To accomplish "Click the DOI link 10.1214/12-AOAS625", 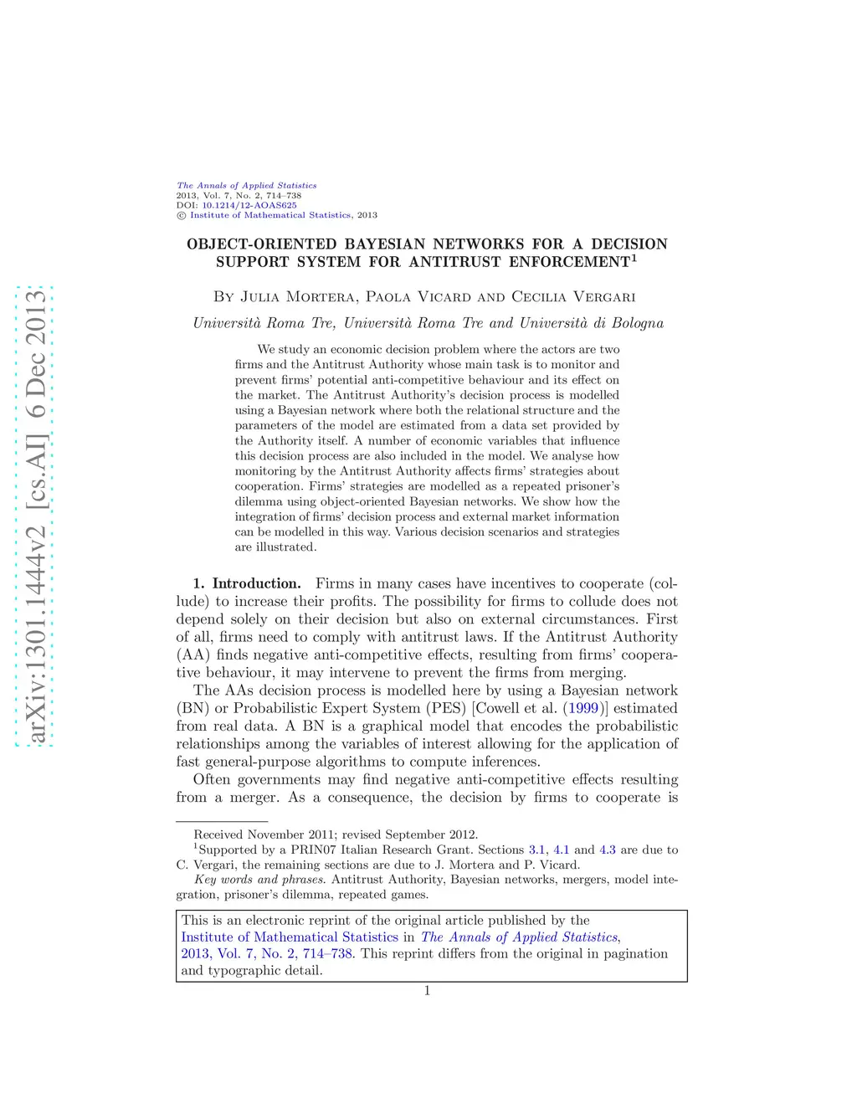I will click(x=249, y=205).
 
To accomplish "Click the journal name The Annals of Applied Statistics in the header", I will click(x=246, y=186).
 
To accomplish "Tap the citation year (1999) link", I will click(x=582, y=708).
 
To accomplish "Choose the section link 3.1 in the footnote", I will click(x=536, y=850).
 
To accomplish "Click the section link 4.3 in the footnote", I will click(x=608, y=850).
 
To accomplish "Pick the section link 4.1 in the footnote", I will click(x=561, y=850).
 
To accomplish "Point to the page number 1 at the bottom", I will click(x=427, y=991).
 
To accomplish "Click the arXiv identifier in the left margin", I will click(x=35, y=515).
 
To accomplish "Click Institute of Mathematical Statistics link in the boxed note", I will click(x=290, y=937).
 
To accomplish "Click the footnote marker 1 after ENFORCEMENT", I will click(x=634, y=258).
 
